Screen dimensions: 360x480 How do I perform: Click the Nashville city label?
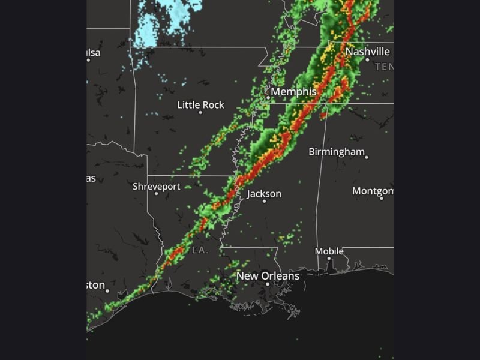(x=367, y=52)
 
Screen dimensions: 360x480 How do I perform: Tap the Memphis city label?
(x=293, y=92)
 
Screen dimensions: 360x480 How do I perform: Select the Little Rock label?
(x=200, y=105)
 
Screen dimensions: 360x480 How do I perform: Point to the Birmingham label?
(x=337, y=151)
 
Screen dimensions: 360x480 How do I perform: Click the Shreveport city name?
(x=156, y=187)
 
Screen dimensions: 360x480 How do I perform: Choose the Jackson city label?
(x=264, y=194)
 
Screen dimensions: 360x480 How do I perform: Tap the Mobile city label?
(x=329, y=251)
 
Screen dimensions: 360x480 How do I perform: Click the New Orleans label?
(x=268, y=276)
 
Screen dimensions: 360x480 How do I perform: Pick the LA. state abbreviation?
(x=200, y=250)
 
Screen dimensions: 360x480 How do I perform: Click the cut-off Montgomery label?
(x=373, y=191)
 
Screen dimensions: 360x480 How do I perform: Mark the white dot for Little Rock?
(x=200, y=113)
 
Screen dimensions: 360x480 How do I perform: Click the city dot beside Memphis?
(x=268, y=97)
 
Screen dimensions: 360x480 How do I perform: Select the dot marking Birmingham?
(x=366, y=157)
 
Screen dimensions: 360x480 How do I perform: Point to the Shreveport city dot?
(x=156, y=194)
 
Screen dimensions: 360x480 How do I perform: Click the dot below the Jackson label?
(x=264, y=201)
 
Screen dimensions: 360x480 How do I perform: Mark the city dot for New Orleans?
(x=268, y=283)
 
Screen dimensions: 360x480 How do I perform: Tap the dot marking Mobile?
(x=329, y=258)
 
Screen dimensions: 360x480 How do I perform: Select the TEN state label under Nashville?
(x=384, y=67)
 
